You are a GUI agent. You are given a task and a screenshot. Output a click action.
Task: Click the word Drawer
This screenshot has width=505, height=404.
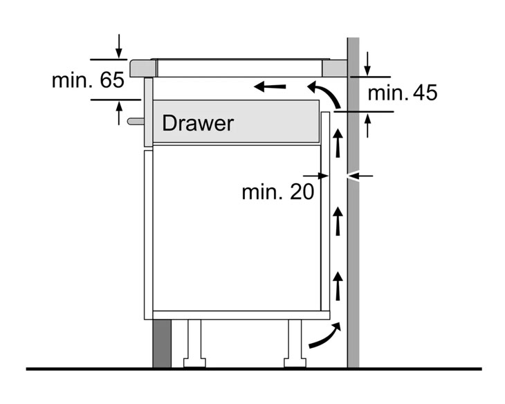(x=198, y=123)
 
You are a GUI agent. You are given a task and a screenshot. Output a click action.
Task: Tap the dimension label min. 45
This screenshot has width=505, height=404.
(x=403, y=93)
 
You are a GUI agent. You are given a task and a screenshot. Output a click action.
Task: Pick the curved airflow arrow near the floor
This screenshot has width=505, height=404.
(x=324, y=337)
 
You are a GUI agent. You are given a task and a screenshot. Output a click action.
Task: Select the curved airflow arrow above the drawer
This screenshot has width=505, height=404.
(x=324, y=93)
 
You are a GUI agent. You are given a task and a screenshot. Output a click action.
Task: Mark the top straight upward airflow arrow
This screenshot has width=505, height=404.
(x=338, y=144)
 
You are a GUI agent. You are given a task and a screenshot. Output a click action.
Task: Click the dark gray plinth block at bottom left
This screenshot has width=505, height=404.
(x=161, y=343)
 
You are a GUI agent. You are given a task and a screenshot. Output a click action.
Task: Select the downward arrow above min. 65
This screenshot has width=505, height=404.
(x=119, y=46)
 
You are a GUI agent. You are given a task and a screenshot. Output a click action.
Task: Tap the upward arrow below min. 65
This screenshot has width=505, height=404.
(x=119, y=112)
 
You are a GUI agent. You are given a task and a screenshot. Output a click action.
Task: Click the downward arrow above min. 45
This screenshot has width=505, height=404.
(x=368, y=64)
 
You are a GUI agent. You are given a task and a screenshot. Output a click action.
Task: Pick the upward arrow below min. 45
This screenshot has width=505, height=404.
(x=368, y=124)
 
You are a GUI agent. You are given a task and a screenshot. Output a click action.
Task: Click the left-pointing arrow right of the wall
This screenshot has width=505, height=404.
(x=361, y=176)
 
